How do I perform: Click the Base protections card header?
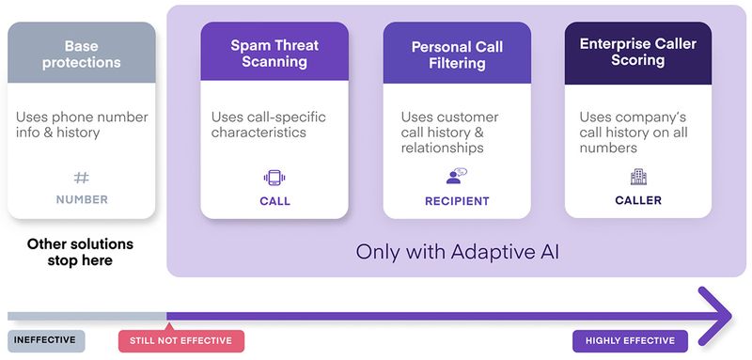coord(81,54)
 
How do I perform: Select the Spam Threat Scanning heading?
coord(274,54)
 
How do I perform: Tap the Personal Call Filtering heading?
coord(456,55)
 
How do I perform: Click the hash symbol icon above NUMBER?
coord(81,177)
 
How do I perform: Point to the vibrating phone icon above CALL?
coord(274,178)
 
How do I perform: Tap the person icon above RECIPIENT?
coord(456,177)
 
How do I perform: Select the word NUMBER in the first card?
coord(82,199)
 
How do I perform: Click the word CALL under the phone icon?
coord(274,201)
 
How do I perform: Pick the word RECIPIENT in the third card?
coord(457,201)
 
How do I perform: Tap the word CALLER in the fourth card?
coord(638,200)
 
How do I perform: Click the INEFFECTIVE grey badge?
coord(47,340)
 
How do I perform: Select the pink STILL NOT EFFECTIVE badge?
coord(180,340)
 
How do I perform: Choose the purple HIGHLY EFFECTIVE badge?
coord(630,340)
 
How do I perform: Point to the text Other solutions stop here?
coord(81,251)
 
